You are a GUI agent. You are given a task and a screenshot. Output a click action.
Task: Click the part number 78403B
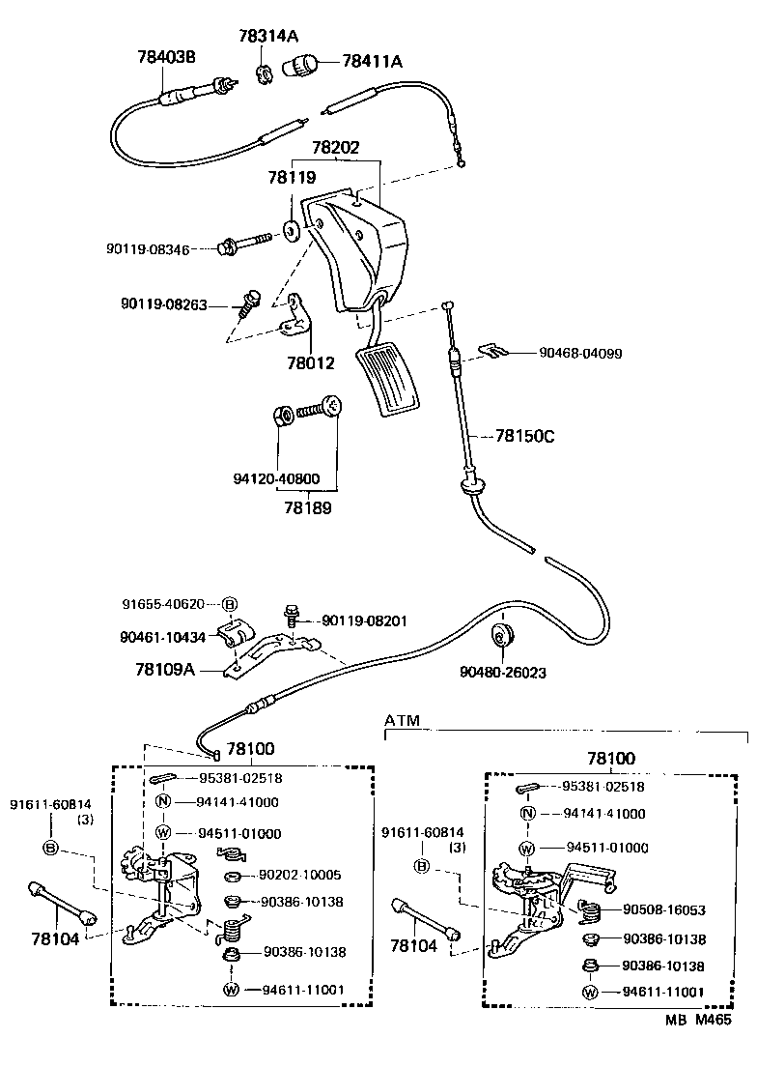pos(165,57)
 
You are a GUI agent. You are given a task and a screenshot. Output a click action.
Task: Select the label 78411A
pos(372,62)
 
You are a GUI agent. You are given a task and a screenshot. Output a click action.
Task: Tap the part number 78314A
pos(267,36)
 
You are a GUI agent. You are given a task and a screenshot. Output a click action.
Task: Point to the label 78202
pos(335,148)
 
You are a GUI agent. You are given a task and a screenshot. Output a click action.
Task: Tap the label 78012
pos(310,363)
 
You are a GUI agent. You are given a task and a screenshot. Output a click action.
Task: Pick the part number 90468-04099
pos(580,354)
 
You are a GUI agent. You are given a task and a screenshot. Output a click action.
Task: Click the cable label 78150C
pos(525,436)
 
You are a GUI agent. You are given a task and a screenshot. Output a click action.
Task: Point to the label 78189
pos(308,507)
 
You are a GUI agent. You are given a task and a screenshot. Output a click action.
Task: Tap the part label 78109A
pos(164,668)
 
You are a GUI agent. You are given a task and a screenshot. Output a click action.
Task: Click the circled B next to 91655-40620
pos(230,605)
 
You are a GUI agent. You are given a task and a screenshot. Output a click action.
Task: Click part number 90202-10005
pos(300,875)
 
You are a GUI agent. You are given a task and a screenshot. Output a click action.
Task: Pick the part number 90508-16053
pos(663,909)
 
